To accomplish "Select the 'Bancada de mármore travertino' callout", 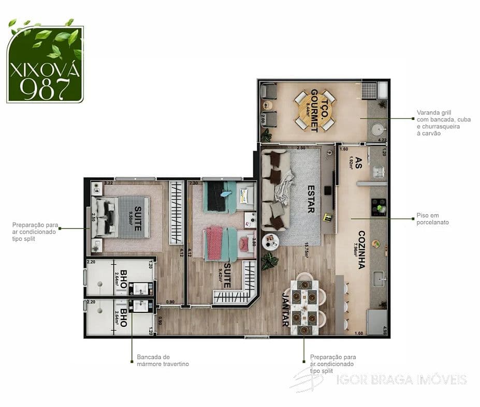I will [163, 360].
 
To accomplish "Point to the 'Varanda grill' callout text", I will [443, 123].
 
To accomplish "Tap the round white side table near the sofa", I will [270, 241].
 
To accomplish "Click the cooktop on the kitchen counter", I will [378, 206].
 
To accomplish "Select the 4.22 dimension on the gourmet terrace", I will [382, 140].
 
